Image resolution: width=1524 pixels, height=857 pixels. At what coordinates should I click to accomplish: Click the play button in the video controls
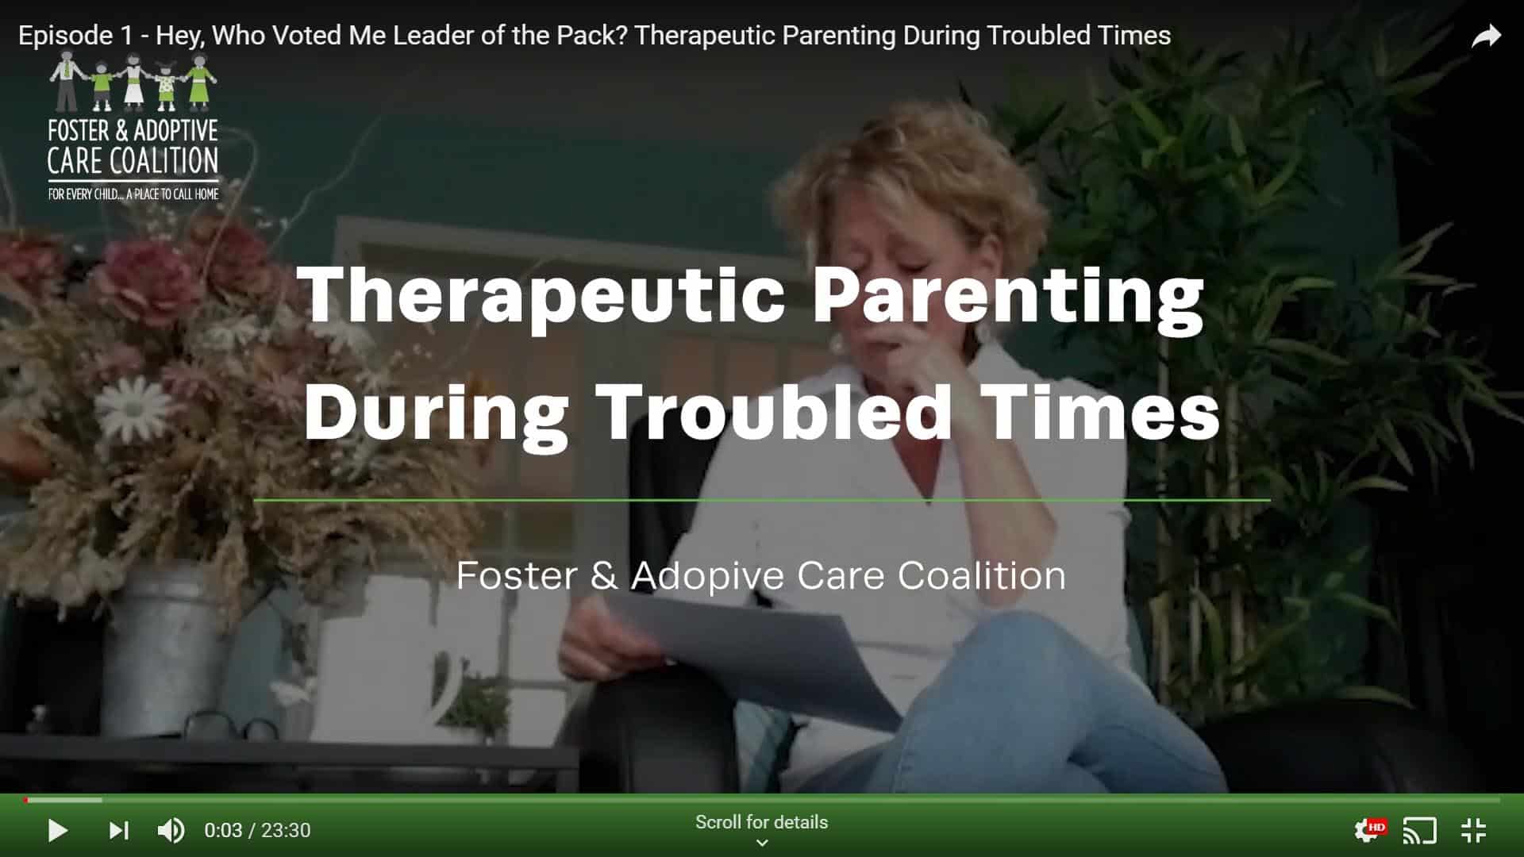click(x=58, y=831)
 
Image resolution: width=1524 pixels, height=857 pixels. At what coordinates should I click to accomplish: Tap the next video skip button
click(x=119, y=831)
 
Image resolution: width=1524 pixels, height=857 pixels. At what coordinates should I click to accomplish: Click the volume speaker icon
click(x=171, y=831)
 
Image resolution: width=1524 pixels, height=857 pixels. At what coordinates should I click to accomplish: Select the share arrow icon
click(x=1486, y=36)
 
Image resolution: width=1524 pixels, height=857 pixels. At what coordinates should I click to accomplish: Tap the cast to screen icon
click(x=1420, y=831)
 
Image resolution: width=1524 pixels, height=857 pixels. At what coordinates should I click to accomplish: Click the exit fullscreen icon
click(x=1473, y=831)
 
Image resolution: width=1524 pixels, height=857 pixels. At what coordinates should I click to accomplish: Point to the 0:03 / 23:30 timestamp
click(x=257, y=831)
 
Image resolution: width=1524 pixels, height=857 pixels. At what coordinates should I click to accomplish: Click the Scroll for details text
click(x=761, y=822)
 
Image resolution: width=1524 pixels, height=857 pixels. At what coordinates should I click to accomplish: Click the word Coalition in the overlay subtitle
click(x=982, y=575)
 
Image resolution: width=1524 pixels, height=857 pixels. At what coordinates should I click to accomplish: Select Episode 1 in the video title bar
click(x=65, y=36)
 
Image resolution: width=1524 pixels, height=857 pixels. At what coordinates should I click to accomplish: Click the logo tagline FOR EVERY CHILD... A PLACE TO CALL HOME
click(x=133, y=194)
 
